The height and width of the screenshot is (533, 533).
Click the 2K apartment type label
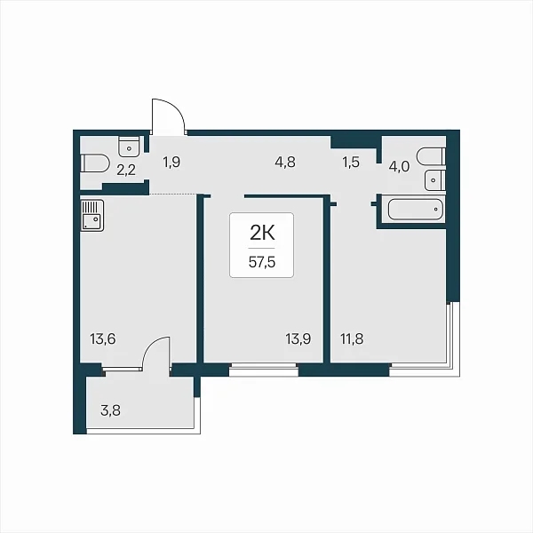262,233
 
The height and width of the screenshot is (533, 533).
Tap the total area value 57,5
262,262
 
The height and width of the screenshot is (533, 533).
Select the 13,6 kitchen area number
103,339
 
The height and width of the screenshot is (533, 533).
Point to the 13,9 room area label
298,339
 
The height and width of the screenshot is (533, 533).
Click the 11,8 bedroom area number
352,339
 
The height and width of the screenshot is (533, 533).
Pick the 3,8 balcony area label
110,410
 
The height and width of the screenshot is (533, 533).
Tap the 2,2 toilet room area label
126,170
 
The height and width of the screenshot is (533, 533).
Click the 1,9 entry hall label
171,163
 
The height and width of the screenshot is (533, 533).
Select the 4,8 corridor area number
285,163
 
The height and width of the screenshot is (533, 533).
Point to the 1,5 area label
351,163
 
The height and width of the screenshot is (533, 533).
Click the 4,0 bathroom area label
400,167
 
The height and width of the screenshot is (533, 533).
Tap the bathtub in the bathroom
416,210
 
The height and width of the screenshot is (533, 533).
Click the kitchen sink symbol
92,216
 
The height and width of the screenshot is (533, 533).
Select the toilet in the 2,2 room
95,163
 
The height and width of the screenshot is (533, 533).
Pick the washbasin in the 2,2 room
129,147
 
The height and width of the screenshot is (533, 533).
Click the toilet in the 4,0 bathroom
432,156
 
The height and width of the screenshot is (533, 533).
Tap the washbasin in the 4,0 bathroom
434,180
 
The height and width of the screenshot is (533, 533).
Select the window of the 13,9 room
264,370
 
